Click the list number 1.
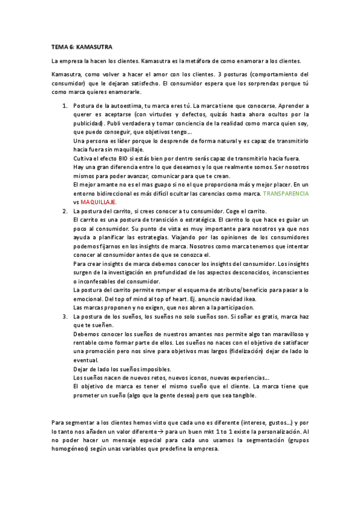click(x=65, y=105)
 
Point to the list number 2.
click(x=65, y=212)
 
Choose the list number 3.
click(x=65, y=316)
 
